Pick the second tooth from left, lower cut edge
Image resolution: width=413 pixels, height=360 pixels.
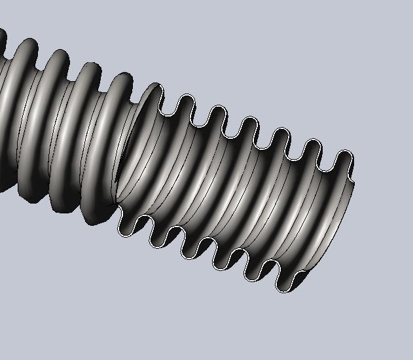[x=159, y=238]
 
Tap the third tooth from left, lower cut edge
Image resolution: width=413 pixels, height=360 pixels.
[x=190, y=251]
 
